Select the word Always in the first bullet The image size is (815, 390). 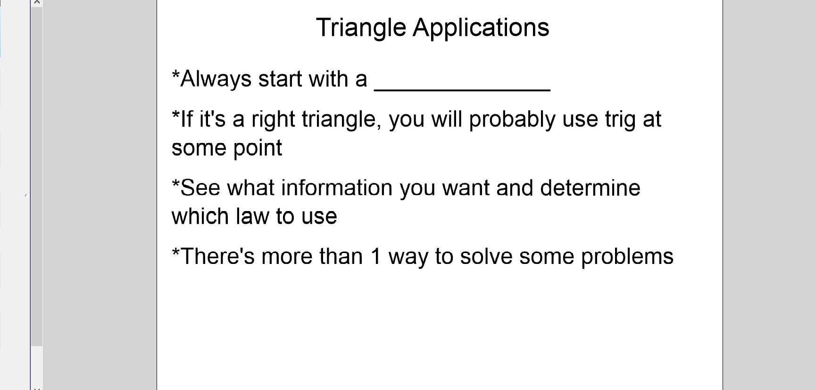[216, 79]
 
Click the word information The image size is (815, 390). [337, 188]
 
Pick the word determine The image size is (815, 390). [590, 188]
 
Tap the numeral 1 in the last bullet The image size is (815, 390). [375, 257]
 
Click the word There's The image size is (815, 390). [217, 257]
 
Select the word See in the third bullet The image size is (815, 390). [200, 188]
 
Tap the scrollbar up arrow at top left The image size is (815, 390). [37, 3]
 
